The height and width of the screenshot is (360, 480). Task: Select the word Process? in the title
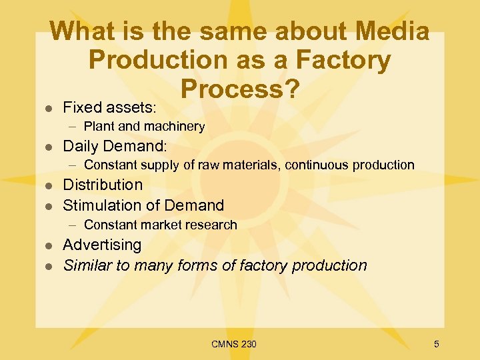[x=239, y=89]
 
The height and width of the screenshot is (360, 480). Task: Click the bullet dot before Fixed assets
[x=47, y=107]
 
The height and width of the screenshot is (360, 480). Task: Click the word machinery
[x=174, y=127]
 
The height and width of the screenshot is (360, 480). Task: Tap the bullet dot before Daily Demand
[x=47, y=147]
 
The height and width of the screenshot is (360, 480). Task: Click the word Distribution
[x=103, y=185]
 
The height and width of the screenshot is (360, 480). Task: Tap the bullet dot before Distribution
[x=47, y=185]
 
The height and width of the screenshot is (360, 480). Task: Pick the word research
[x=210, y=225]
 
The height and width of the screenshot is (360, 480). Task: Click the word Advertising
[x=102, y=245]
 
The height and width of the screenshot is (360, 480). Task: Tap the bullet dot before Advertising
[x=47, y=245]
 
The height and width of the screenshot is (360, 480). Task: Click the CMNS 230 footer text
[x=233, y=344]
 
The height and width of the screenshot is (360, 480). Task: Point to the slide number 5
[x=436, y=344]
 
